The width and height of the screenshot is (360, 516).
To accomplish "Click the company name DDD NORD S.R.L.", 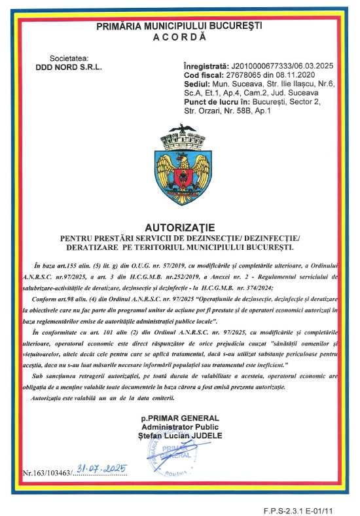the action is [66, 67].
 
